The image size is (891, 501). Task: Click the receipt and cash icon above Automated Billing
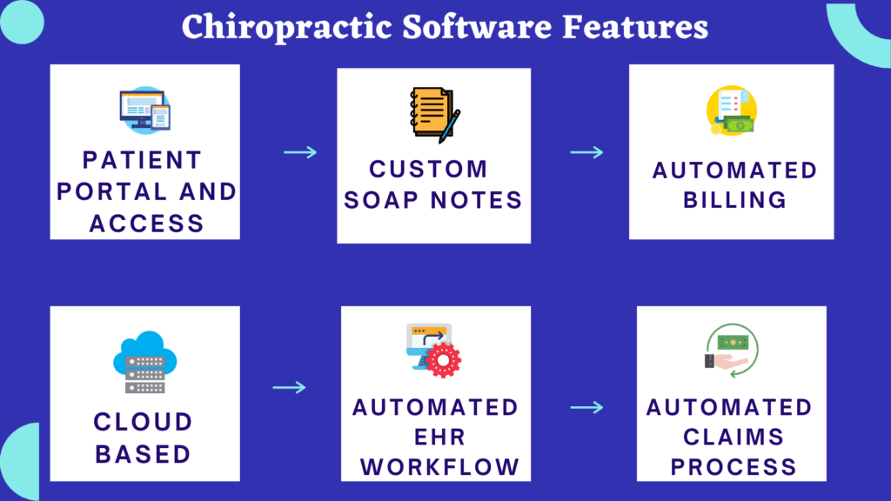point(731,111)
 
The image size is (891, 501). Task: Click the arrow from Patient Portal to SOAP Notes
point(300,152)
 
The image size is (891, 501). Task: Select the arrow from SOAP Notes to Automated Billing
point(586,152)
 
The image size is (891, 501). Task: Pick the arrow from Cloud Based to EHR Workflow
point(290,387)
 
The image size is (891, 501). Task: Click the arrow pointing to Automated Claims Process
point(586,407)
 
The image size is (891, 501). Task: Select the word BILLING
point(734,200)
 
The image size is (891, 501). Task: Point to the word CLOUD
point(144,423)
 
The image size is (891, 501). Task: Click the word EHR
point(433,437)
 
